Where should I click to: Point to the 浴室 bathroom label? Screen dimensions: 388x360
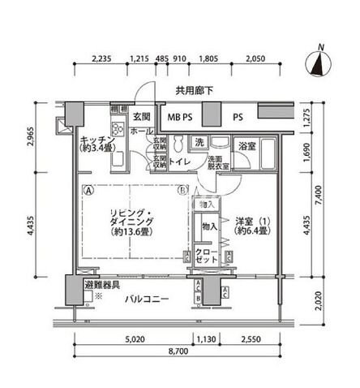point(247,147)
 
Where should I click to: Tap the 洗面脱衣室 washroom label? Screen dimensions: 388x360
point(217,162)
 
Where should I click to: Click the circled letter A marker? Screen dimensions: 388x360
point(88,192)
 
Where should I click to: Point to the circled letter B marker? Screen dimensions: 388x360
point(184,192)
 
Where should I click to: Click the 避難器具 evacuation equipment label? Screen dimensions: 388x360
point(101,286)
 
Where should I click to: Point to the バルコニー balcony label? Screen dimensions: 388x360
point(147,300)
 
